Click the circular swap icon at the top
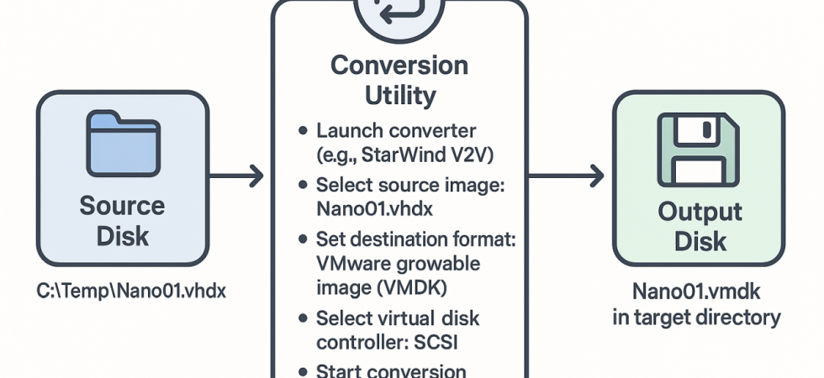click(x=399, y=10)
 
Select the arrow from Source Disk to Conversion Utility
click(x=236, y=176)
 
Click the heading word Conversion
click(x=399, y=66)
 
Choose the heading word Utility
click(x=399, y=95)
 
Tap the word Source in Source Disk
click(x=123, y=205)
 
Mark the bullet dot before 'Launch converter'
click(x=303, y=132)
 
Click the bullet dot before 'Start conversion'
click(x=303, y=371)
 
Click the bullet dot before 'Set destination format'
click(x=303, y=240)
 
